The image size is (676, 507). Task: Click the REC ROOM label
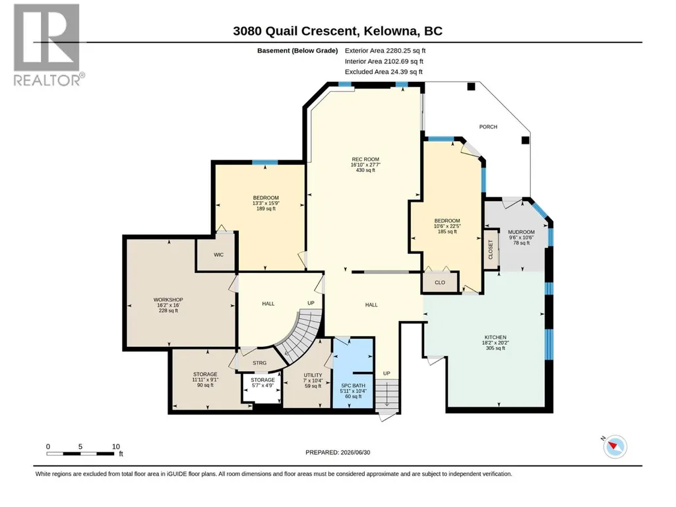click(x=365, y=160)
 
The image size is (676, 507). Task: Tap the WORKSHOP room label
click(x=168, y=299)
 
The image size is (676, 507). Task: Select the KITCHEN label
click(x=495, y=337)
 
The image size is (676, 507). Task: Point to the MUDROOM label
click(x=521, y=232)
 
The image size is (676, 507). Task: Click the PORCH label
click(x=488, y=127)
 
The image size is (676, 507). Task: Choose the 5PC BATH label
click(x=353, y=386)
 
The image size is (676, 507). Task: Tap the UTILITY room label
click(x=313, y=375)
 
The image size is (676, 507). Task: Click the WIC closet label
click(x=218, y=254)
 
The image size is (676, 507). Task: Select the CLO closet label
click(x=440, y=283)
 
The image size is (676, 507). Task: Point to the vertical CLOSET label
click(x=490, y=250)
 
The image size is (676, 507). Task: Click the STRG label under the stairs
click(x=260, y=363)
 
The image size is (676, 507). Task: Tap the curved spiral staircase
click(x=299, y=336)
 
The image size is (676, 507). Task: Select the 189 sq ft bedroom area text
click(x=266, y=208)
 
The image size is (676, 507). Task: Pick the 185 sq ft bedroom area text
click(x=447, y=231)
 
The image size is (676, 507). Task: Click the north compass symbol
click(x=615, y=446)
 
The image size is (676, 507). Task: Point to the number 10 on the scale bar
click(x=115, y=446)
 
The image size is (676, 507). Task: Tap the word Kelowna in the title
click(x=392, y=31)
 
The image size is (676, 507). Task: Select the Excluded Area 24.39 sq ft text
click(x=384, y=72)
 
